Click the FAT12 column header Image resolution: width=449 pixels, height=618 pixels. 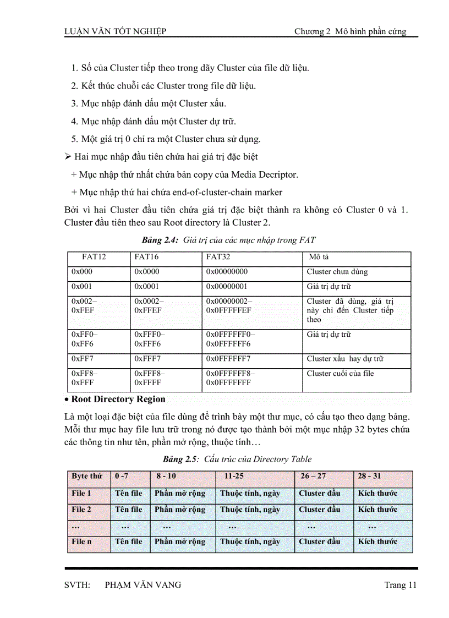pyautogui.click(x=94, y=257)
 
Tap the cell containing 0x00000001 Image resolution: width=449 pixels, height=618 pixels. pyautogui.click(x=227, y=287)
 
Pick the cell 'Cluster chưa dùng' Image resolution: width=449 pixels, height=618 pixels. pyautogui.click(x=337, y=272)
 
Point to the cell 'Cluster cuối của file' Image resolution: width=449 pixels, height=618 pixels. pyautogui.click(x=340, y=374)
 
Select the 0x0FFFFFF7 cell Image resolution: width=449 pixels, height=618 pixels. pyautogui.click(x=228, y=359)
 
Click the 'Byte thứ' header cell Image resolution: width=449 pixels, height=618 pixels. pyautogui.click(x=87, y=476)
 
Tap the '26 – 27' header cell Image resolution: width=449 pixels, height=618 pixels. pyautogui.click(x=314, y=476)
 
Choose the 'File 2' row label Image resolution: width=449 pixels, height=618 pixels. pyautogui.click(x=81, y=510)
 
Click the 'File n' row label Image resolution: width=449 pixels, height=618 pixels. pyautogui.click(x=81, y=542)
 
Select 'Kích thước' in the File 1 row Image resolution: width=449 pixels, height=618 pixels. pyautogui.click(x=377, y=494)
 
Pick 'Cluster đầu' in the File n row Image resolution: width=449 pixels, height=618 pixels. pyautogui.click(x=320, y=542)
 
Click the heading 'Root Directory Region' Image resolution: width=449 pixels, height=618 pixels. pyautogui.click(x=118, y=400)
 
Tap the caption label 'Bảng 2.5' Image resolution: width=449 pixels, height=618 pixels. pyautogui.click(x=179, y=459)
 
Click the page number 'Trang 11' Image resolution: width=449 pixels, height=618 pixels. pyautogui.click(x=400, y=585)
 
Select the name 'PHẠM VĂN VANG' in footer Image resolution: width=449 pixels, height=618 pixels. pyautogui.click(x=143, y=585)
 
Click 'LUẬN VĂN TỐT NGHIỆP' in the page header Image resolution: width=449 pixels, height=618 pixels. pyautogui.click(x=116, y=31)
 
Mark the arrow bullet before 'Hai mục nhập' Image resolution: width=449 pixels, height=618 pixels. pyautogui.click(x=68, y=157)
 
